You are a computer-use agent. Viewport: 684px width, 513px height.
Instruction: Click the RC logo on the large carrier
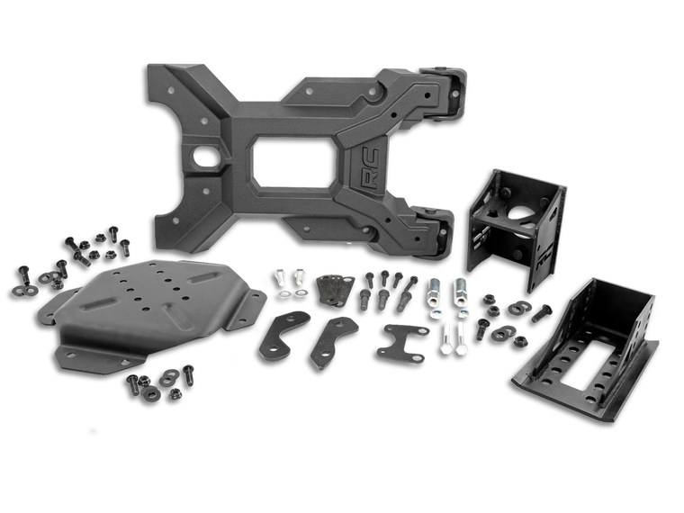[x=369, y=168]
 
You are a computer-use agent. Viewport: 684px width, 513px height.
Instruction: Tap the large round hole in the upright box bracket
[x=520, y=218]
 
